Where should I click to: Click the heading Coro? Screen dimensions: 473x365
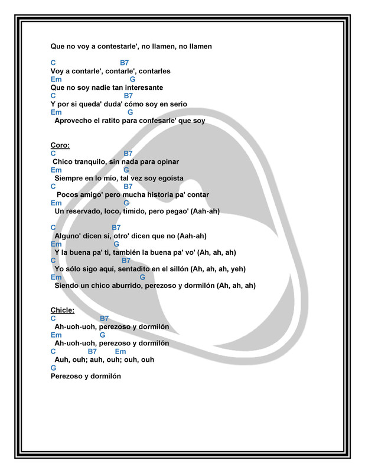pyautogui.click(x=60, y=145)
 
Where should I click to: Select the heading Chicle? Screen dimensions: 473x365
pyautogui.click(x=63, y=310)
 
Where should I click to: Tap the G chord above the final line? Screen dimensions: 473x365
pyautogui.click(x=54, y=367)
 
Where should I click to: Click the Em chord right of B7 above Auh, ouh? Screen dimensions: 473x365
pyautogui.click(x=120, y=351)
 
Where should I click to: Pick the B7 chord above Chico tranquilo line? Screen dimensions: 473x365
pyautogui.click(x=128, y=153)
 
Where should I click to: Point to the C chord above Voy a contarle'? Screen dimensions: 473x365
pyautogui.click(x=54, y=63)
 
